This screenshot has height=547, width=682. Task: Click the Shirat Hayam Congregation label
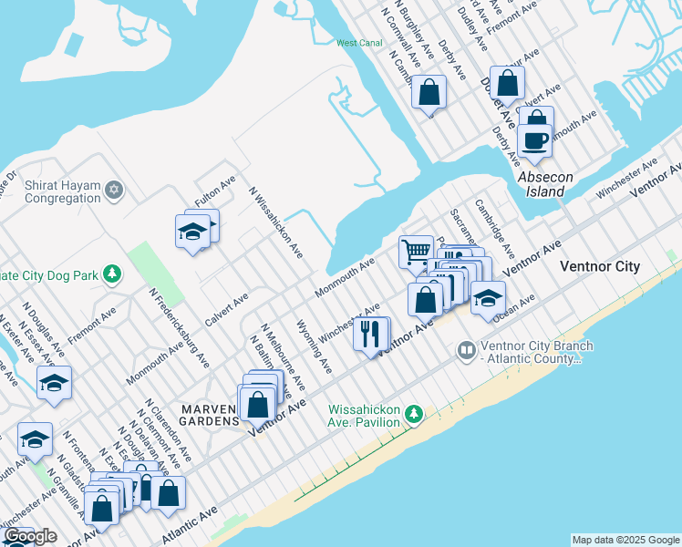tap(62, 191)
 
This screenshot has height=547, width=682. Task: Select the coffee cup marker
tap(534, 140)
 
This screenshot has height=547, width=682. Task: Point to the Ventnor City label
tap(599, 266)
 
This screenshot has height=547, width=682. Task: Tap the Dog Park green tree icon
tap(112, 273)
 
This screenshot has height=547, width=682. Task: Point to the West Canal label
tap(359, 43)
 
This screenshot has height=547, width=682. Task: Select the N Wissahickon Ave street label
tap(276, 223)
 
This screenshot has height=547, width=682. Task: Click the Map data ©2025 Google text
tap(625, 540)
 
